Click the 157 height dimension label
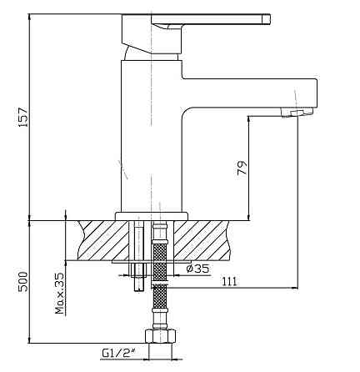pyautogui.click(x=23, y=117)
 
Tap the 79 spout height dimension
pyautogui.click(x=242, y=168)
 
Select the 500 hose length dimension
pyautogui.click(x=23, y=282)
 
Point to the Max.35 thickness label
pyautogui.click(x=59, y=294)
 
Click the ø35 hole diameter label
pyautogui.click(x=197, y=269)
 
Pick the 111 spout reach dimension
pyautogui.click(x=230, y=281)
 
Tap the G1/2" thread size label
pyautogui.click(x=118, y=353)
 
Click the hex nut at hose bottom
pyautogui.click(x=161, y=335)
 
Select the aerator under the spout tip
pyautogui.click(x=297, y=112)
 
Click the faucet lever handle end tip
pyautogui.click(x=267, y=19)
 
